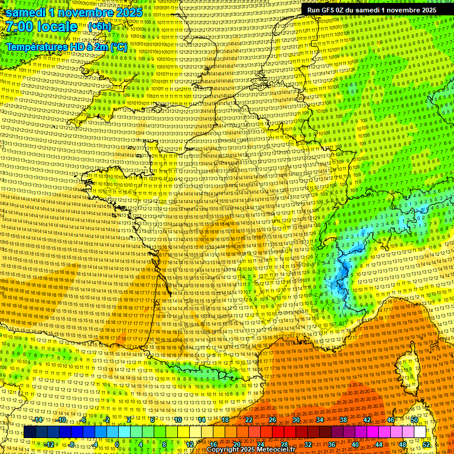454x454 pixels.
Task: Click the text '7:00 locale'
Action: coord(41,27)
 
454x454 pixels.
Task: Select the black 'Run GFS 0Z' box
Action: coord(371,10)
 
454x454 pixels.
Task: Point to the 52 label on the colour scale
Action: coord(426,444)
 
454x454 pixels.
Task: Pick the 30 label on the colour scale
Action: coord(296,419)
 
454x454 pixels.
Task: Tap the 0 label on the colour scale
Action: coord(117,444)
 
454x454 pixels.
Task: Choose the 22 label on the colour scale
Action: coord(249,419)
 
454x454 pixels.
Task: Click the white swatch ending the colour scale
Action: coord(420,432)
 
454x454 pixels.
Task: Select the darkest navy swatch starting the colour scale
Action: coord(30,432)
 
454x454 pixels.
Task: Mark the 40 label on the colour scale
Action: coord(355,444)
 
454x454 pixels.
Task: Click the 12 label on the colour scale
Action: coord(190,444)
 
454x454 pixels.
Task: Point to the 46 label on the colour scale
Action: coord(391,419)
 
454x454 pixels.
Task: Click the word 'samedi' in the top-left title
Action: coord(25,12)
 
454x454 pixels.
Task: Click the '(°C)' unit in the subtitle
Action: coord(118,46)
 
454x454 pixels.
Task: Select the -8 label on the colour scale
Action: coord(71,444)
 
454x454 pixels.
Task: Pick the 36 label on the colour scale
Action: coord(331,444)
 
